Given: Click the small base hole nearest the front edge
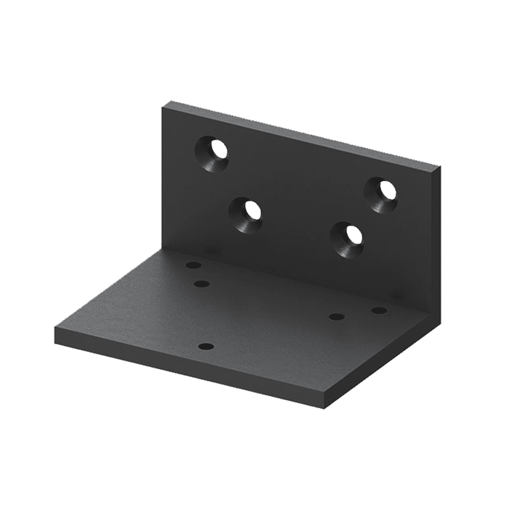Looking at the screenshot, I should coord(206,347).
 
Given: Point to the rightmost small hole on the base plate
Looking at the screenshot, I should coord(379,310).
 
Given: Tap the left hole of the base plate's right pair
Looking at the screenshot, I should coord(336,316).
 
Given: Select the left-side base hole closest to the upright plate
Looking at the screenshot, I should coord(193,266).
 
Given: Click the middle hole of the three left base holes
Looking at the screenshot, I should coord(202,284).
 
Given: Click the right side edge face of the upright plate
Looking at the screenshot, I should coord(439,241).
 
